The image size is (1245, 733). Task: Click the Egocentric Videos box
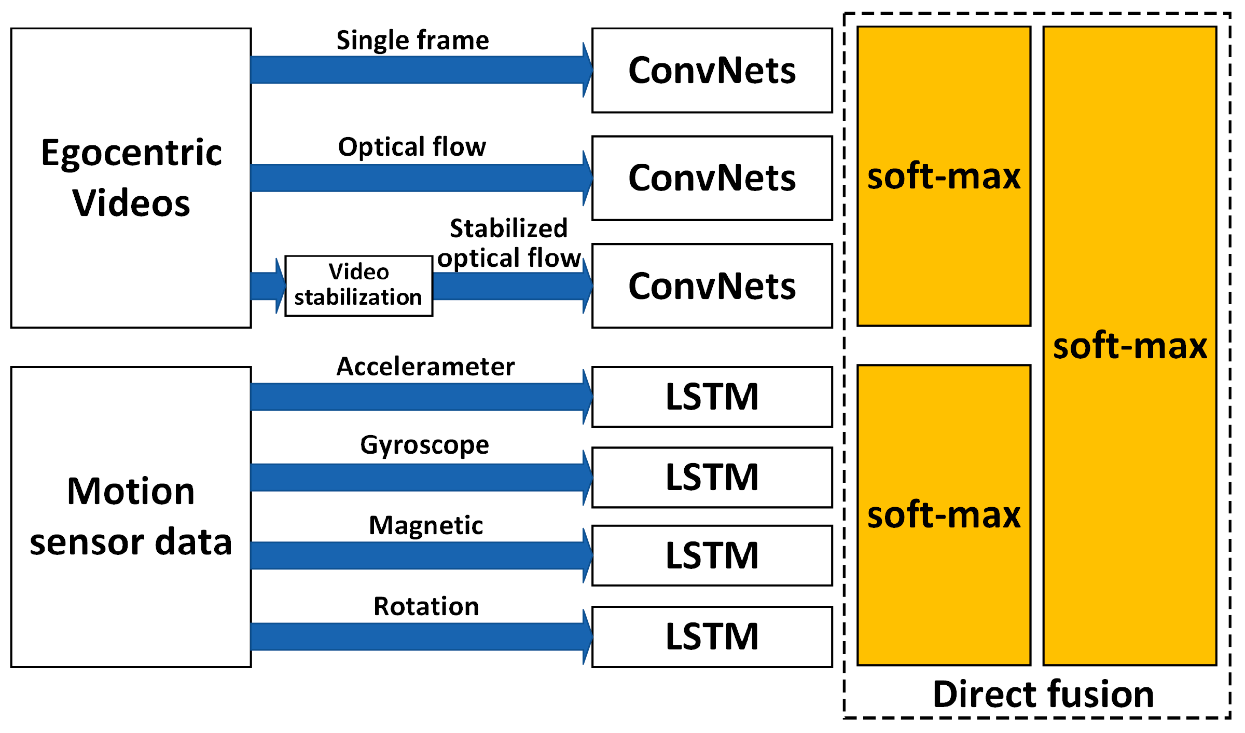[131, 178]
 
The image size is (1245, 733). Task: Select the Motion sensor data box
[131, 517]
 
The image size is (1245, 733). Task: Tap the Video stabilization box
[358, 286]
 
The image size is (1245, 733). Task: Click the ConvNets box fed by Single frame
[712, 70]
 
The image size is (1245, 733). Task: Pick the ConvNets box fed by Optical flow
[712, 178]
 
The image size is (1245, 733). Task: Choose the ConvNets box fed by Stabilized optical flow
[712, 286]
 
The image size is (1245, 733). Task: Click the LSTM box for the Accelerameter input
[712, 397]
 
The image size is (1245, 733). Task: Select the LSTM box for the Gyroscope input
[712, 477]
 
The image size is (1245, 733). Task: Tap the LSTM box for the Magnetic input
[712, 555]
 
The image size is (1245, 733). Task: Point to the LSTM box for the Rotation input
[712, 636]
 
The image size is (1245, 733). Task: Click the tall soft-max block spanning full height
[1129, 346]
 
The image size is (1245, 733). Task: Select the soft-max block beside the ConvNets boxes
[944, 177]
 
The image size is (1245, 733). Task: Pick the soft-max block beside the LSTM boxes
[944, 514]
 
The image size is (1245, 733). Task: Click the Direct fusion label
[1043, 694]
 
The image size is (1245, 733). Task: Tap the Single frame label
[412, 40]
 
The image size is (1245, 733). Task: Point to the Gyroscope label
[424, 445]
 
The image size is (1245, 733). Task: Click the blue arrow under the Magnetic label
[420, 555]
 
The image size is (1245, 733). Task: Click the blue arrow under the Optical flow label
[420, 178]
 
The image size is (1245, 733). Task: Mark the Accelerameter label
[425, 366]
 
